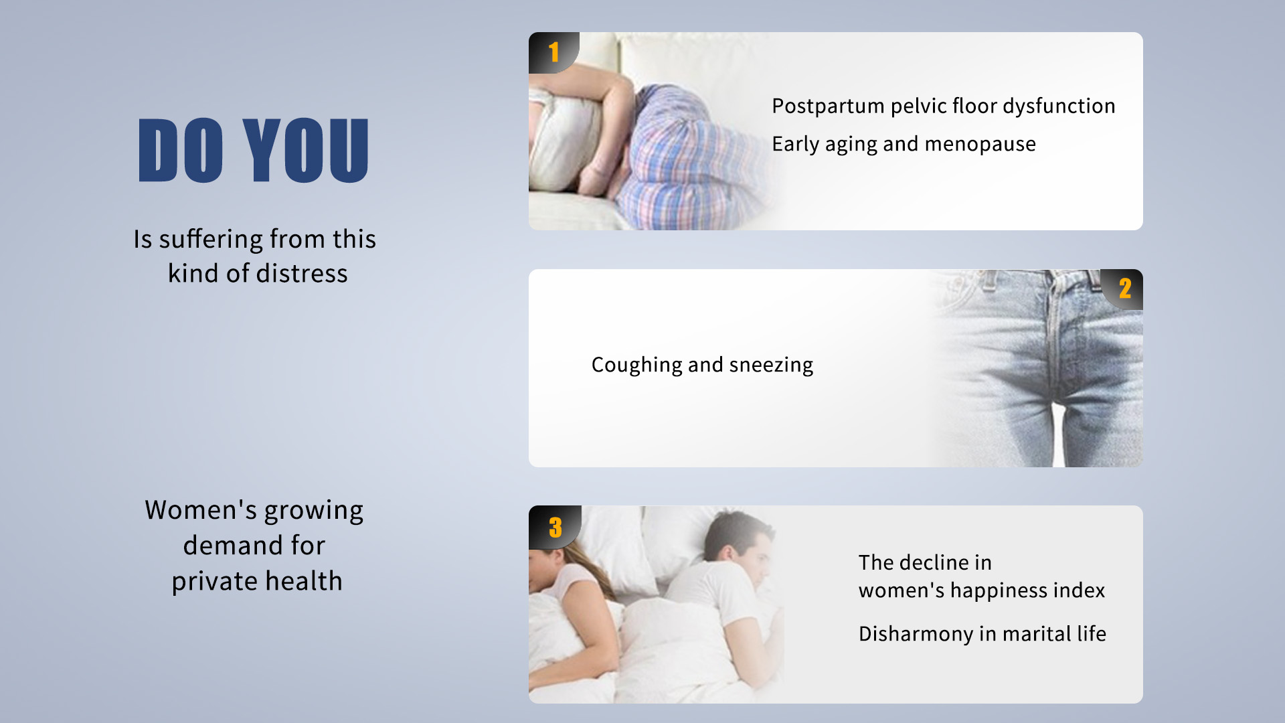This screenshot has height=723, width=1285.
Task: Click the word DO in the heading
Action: (181, 150)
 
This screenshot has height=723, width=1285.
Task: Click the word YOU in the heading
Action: (306, 150)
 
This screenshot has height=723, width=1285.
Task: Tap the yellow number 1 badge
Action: (553, 52)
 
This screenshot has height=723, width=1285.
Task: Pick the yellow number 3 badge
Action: (555, 527)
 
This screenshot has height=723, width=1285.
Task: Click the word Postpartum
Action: (828, 106)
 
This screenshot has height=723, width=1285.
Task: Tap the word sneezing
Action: (771, 366)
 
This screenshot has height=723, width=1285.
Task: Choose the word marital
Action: (1037, 634)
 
